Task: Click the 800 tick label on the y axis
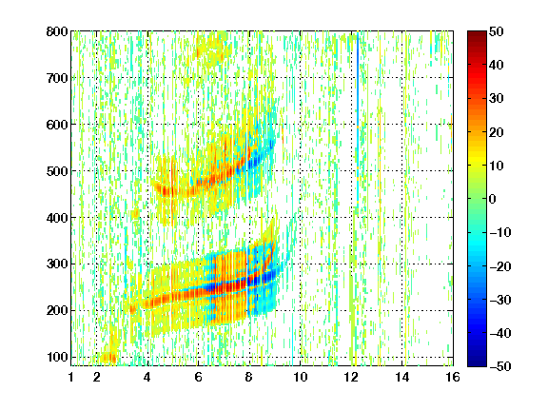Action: [57, 31]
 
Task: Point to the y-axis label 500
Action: [57, 171]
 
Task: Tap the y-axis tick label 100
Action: [57, 357]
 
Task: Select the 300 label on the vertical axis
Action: [57, 264]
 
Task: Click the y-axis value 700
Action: [57, 78]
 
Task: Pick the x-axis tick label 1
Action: [71, 377]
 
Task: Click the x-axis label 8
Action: [249, 377]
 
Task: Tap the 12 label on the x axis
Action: [351, 377]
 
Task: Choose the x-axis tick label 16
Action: [453, 377]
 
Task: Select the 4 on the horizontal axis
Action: [147, 377]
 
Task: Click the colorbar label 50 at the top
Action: [496, 31]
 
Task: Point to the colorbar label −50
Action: [499, 366]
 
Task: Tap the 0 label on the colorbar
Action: [493, 199]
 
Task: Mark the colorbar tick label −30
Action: [499, 300]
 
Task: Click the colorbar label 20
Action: [496, 132]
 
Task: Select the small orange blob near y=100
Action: [108, 358]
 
